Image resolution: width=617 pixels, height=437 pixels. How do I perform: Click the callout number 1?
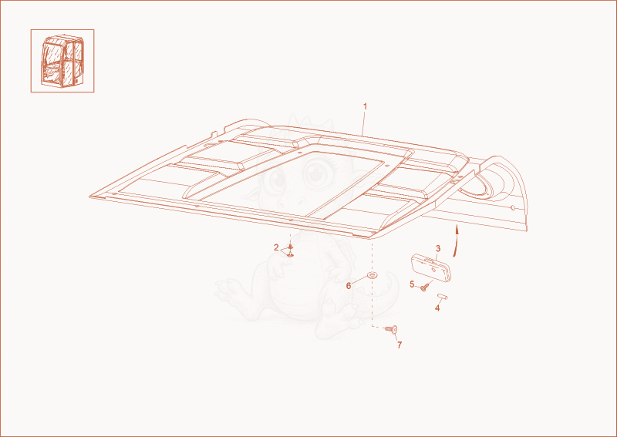point(365,106)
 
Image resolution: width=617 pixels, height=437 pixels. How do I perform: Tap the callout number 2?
point(276,247)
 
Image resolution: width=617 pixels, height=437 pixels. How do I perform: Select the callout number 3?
point(438,249)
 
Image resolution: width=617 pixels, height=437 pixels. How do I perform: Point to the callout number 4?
point(437,308)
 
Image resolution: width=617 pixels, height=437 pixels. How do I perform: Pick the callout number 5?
point(412,284)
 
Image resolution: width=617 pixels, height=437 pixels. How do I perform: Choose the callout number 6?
point(349,286)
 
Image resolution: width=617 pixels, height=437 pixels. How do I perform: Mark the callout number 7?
point(400,345)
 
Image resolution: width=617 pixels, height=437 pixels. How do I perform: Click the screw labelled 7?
point(392,329)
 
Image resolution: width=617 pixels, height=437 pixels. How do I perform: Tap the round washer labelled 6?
point(372,274)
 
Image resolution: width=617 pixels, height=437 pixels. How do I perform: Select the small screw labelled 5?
point(423,288)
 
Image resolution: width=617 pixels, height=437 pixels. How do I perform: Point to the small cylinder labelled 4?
point(442,296)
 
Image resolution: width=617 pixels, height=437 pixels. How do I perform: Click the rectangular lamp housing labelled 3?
point(431,267)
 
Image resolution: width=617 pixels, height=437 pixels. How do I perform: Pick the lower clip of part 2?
point(291,255)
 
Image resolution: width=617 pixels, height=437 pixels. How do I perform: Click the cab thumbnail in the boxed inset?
point(62,60)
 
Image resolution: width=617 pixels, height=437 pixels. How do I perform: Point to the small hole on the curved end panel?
point(512,207)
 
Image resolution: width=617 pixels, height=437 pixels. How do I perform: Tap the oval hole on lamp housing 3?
point(433,270)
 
